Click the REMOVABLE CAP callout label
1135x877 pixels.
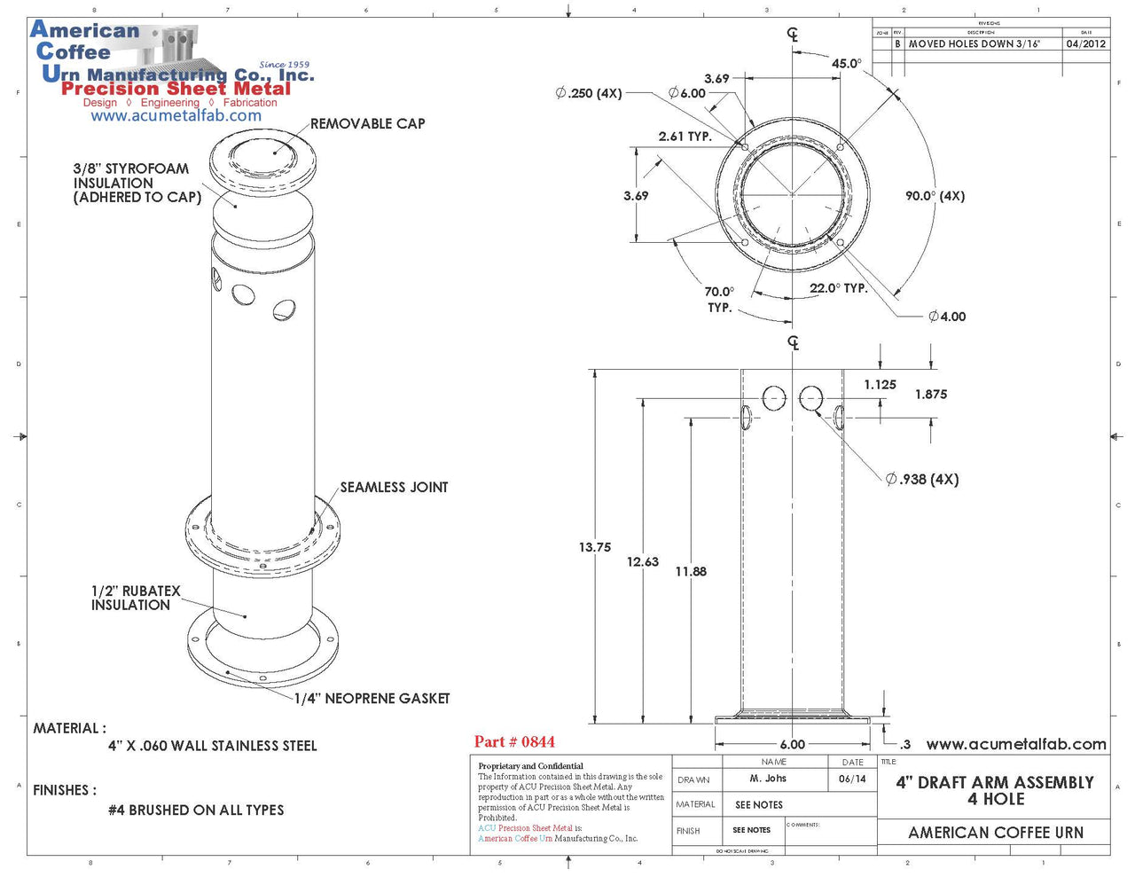[367, 124]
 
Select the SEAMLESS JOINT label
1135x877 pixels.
[394, 488]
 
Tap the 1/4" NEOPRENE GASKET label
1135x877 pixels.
[372, 699]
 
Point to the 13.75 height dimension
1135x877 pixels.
[595, 548]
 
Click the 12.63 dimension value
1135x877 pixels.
[643, 562]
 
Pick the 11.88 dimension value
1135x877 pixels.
[691, 572]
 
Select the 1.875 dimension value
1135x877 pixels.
[931, 395]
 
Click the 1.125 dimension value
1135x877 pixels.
[880, 385]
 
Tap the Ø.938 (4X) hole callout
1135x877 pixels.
[922, 480]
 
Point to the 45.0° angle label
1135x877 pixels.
[846, 64]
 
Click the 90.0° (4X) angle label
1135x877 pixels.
[935, 196]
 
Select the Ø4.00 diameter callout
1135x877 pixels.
[947, 317]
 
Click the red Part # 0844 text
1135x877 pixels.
[514, 742]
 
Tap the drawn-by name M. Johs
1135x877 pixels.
[768, 779]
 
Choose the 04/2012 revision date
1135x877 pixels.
[1085, 43]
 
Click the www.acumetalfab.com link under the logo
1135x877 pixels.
[176, 116]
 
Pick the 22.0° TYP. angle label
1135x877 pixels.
[838, 289]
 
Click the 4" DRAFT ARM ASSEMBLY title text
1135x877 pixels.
[995, 783]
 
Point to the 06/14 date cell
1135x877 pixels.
[851, 779]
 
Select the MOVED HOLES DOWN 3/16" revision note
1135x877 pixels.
[974, 43]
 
